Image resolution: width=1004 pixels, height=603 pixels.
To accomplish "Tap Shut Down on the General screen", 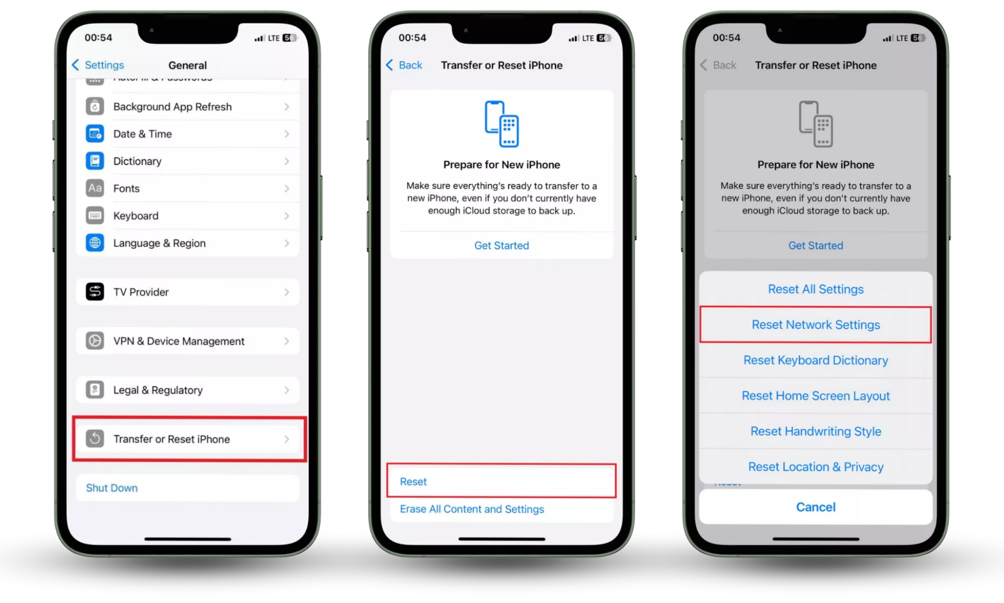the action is (x=111, y=488).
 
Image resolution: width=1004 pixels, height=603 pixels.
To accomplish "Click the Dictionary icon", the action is (x=95, y=161).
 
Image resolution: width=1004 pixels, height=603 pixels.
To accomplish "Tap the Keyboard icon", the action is (x=95, y=216).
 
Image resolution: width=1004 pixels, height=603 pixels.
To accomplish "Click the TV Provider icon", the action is (x=95, y=292).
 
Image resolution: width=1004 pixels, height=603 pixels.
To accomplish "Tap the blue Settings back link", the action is (x=98, y=65).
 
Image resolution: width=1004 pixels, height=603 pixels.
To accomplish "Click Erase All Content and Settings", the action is (x=472, y=509).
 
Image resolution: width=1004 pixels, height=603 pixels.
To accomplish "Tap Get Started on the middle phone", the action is (x=502, y=245).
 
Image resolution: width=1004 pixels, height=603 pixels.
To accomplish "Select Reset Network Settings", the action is (x=816, y=325).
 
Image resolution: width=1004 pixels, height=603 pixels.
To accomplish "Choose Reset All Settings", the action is (x=816, y=289).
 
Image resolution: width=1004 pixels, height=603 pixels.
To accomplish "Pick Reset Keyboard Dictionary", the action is (x=816, y=360).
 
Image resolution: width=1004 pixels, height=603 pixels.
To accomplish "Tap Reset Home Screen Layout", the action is (x=816, y=396).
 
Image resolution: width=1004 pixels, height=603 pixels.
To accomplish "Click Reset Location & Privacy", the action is (x=816, y=467).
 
